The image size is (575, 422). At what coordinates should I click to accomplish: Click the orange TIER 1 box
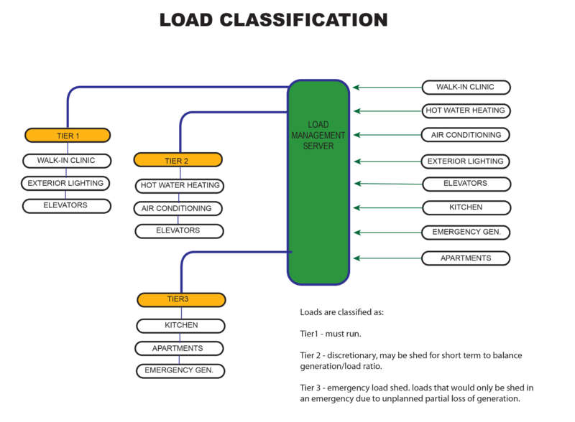(67, 135)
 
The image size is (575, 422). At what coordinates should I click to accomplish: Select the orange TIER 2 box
(178, 160)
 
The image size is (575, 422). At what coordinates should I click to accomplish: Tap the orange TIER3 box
(181, 299)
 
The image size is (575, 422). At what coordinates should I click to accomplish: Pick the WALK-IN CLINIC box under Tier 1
(66, 160)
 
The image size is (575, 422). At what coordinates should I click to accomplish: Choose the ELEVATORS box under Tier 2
(179, 230)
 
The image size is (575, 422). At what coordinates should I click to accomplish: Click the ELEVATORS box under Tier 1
(66, 205)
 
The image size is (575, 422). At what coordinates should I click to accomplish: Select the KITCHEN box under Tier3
(180, 324)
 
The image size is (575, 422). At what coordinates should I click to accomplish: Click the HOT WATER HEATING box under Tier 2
(180, 185)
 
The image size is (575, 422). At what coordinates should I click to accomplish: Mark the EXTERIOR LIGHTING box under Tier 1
(66, 183)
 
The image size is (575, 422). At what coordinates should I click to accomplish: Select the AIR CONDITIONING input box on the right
(465, 135)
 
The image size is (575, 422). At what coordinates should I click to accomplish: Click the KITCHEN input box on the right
(465, 207)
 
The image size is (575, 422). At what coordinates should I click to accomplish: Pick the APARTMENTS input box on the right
(465, 258)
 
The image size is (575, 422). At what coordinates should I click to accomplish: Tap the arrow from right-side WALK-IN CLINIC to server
(387, 88)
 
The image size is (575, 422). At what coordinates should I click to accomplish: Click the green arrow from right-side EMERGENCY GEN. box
(387, 233)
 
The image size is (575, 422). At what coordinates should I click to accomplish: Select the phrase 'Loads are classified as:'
(342, 313)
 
